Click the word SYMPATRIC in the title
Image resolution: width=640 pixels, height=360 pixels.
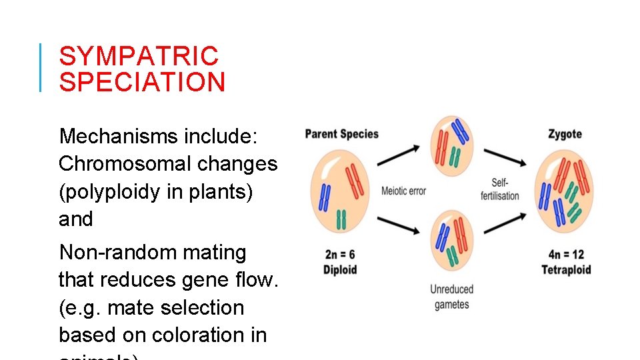[139, 56]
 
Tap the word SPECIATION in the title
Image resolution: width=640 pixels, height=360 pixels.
[142, 83]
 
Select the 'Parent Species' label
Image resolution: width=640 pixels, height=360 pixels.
[341, 134]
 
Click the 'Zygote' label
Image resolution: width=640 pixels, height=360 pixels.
[565, 134]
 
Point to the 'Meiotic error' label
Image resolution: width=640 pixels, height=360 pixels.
[403, 191]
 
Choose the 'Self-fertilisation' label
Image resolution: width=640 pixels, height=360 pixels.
[500, 189]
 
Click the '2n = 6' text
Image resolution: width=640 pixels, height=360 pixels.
[340, 255]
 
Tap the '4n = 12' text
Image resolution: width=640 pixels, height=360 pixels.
[565, 255]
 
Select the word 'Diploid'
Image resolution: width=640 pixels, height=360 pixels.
[340, 269]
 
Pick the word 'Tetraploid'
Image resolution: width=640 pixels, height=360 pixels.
[566, 269]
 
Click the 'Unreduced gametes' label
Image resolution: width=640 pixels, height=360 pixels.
[451, 297]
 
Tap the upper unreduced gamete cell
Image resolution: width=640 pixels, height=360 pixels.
[452, 144]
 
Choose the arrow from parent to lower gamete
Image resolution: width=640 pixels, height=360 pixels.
[399, 227]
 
